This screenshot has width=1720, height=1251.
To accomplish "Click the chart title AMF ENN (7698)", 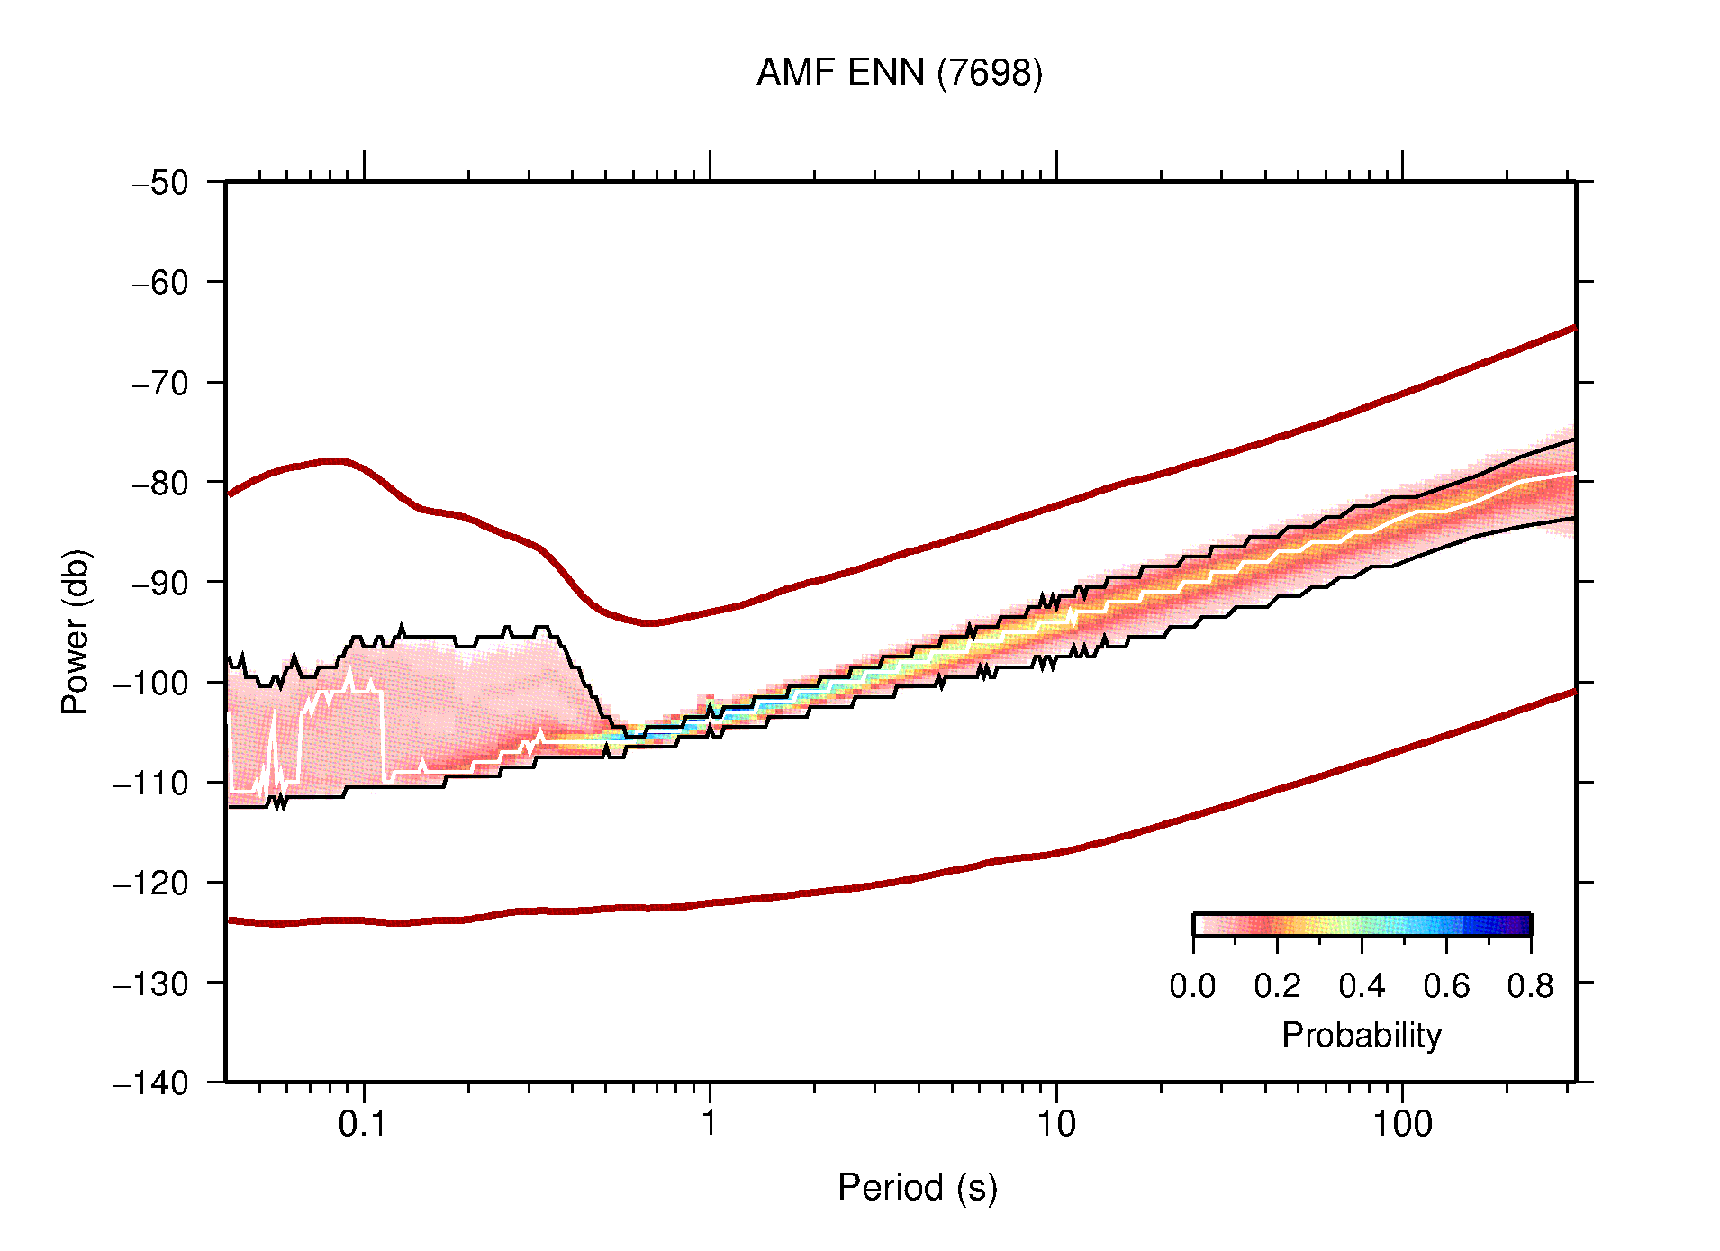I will tap(899, 73).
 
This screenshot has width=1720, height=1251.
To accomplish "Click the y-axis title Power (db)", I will tap(77, 631).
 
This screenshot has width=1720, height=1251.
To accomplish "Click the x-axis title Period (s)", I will tap(917, 1188).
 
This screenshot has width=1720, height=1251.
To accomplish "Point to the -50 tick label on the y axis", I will tap(160, 183).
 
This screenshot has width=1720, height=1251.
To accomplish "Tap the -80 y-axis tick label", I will tap(160, 483).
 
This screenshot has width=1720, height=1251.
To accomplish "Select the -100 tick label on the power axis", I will tap(151, 683).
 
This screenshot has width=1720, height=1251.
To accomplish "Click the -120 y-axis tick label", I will tap(151, 883).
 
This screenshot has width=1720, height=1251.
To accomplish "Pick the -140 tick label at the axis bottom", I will tap(151, 1083).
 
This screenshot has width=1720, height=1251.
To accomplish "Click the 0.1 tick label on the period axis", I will tap(362, 1124).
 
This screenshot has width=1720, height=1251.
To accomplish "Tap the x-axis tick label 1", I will tap(710, 1124).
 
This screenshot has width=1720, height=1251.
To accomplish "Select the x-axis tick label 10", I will tap(1055, 1124).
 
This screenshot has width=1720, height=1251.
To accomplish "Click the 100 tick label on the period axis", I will tap(1401, 1124).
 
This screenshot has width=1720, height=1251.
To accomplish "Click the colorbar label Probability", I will tap(1361, 1036).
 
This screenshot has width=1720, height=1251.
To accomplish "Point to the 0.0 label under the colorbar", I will tap(1192, 987).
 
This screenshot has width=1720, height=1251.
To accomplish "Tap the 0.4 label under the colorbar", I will tap(1362, 987).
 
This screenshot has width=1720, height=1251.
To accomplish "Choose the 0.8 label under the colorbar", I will tap(1530, 987).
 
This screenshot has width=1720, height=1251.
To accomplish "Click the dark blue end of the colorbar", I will tap(1522, 925).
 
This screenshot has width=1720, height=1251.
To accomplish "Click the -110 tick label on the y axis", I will tap(151, 783).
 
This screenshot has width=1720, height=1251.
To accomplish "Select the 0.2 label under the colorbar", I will tap(1277, 987).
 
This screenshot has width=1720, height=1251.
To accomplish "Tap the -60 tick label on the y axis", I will tap(160, 283).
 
